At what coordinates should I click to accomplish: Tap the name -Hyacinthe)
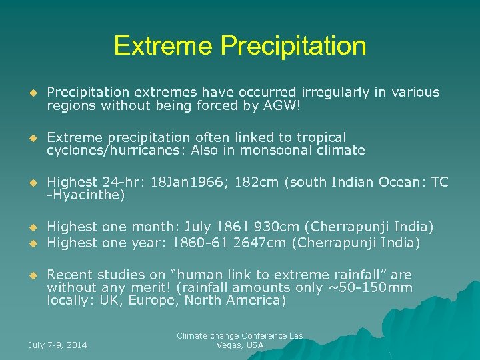[86, 195]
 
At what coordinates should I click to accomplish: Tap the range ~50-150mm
[377, 287]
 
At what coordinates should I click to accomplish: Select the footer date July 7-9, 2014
[58, 345]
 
